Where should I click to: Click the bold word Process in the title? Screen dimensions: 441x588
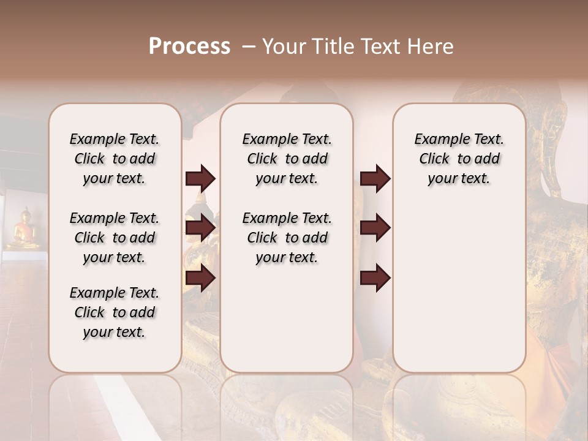189,47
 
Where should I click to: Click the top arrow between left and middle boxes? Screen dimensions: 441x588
200,178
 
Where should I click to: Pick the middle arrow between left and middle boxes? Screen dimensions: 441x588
200,228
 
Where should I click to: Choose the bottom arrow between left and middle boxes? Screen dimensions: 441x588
200,278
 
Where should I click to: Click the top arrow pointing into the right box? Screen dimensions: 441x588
375,178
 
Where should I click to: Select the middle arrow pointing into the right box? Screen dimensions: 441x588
375,228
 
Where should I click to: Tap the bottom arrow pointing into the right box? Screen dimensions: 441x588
375,278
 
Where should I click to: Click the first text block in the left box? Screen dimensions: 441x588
115,159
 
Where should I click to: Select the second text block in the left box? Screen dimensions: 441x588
115,238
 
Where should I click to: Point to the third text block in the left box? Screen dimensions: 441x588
115,312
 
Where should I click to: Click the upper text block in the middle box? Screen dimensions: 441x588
287,159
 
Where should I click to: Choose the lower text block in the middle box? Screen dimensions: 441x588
287,238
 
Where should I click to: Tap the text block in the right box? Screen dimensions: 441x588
459,159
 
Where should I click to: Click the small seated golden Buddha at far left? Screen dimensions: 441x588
24,229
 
